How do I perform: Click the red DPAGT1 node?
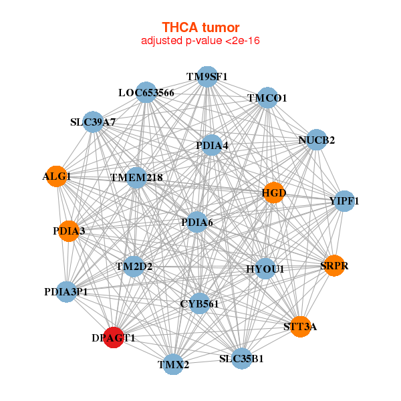(114, 338)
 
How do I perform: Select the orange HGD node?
(273, 193)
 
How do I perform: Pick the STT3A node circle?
(301, 326)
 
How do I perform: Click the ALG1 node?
(56, 176)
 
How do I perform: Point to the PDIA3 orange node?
(68, 231)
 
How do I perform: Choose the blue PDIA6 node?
(196, 222)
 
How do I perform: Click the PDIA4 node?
(211, 145)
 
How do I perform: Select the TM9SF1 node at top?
(207, 77)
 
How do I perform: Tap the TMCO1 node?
(267, 98)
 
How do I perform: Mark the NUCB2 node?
(317, 140)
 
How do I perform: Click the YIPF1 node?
(344, 200)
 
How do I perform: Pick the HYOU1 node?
(265, 269)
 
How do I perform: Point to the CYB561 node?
(199, 303)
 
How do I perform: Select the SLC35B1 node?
(241, 358)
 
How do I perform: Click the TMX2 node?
(173, 364)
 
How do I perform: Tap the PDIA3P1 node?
(65, 291)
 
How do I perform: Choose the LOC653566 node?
(146, 92)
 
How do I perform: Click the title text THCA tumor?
(200, 27)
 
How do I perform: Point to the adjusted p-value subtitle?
(200, 41)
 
